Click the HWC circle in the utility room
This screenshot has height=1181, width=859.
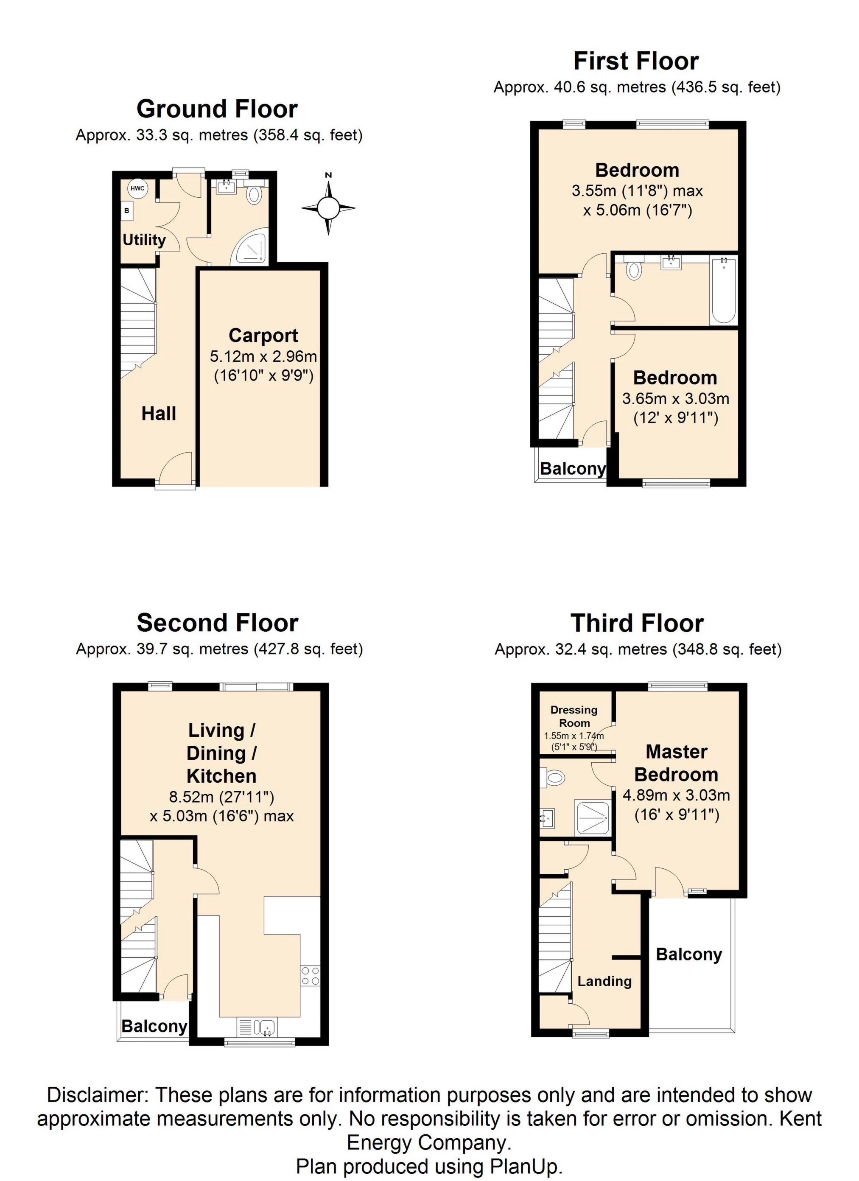[x=137, y=188]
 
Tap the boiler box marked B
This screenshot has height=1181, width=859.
[x=126, y=211]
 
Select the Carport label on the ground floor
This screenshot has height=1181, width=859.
[x=263, y=336]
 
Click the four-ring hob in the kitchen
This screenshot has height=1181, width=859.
[x=310, y=976]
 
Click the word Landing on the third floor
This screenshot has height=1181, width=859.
[x=604, y=981]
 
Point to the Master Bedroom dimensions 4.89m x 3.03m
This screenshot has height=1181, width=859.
[x=676, y=795]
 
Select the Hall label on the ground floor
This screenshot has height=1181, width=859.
[x=159, y=414]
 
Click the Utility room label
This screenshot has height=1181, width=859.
[x=144, y=240]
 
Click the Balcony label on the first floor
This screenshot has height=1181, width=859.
[x=573, y=469]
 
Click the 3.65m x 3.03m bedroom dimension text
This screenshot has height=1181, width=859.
[x=675, y=398]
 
